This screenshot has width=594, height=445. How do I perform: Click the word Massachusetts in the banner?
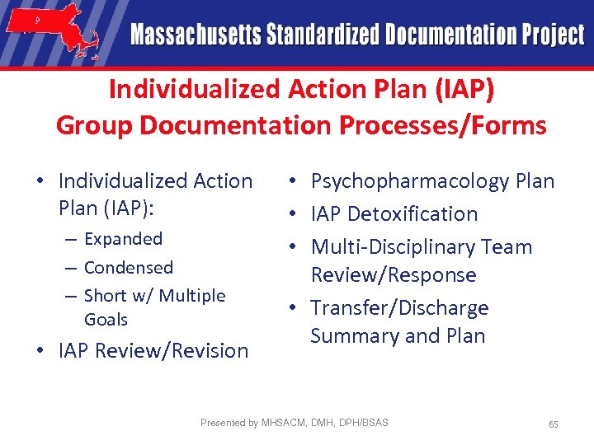coord(196,35)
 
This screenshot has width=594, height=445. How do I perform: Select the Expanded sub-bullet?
coord(123,239)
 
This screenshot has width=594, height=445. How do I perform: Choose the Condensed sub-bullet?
coord(129,268)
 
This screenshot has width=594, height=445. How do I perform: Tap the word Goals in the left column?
coord(106,320)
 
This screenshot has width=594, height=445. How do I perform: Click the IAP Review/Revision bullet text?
coord(153,351)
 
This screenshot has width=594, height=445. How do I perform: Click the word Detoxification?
coord(412,214)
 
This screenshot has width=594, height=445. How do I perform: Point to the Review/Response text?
coord(394,275)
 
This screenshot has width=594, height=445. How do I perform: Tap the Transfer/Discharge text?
coord(399,308)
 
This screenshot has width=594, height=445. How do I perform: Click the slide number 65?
coord(554,424)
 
